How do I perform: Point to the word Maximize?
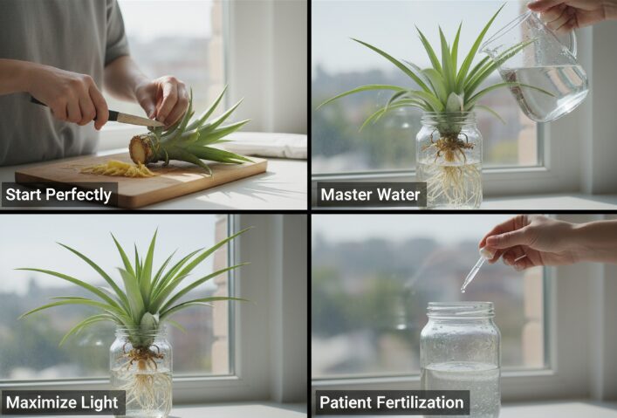click(x=40, y=402)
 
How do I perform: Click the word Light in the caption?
click(x=99, y=402)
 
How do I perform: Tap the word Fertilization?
click(x=420, y=402)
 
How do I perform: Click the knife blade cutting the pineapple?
click(x=140, y=120)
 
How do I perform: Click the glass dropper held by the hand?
click(x=476, y=270)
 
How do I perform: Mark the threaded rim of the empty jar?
click(x=461, y=310)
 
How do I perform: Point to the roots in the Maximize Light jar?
click(x=142, y=378)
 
